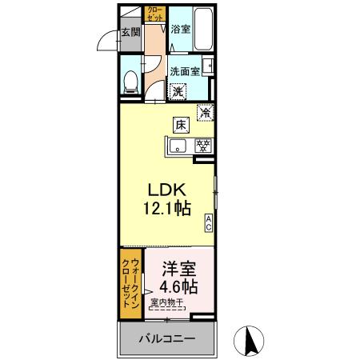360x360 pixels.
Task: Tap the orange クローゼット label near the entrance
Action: [x=154, y=14]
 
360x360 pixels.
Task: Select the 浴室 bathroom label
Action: [x=180, y=30]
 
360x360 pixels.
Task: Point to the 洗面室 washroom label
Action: [x=183, y=70]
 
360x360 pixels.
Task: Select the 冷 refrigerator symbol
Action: [x=206, y=113]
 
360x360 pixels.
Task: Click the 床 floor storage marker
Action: [x=182, y=124]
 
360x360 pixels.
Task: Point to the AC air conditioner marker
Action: [x=209, y=223]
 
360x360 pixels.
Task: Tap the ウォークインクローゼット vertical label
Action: [x=130, y=284]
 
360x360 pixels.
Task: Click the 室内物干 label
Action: [x=166, y=303]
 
